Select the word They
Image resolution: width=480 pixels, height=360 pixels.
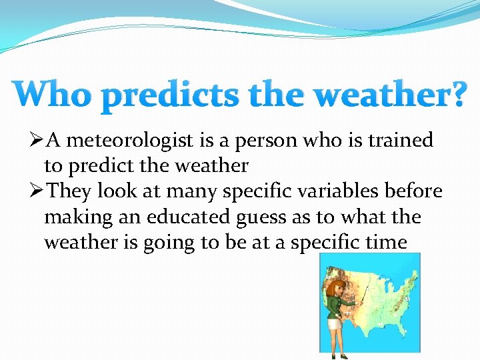coord(70,191)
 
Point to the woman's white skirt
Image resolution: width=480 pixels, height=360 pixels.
coord(333,324)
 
